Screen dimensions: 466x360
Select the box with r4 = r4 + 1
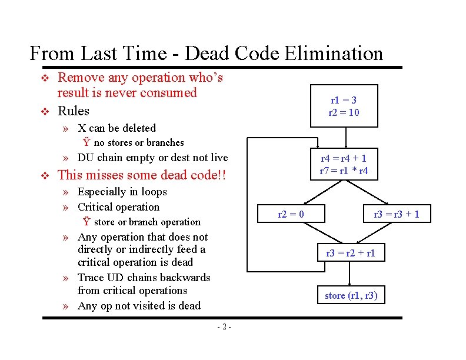tap(344, 164)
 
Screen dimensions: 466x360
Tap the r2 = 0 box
tap(291, 214)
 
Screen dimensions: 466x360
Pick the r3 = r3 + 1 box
tap(397, 214)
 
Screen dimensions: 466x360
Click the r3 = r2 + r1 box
tap(350, 254)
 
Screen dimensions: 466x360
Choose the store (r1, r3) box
tap(351, 295)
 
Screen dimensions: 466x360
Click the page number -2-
tap(224, 327)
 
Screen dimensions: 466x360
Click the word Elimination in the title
tap(333, 54)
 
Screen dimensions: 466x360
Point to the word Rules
tap(74, 111)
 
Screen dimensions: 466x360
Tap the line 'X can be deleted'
tap(116, 128)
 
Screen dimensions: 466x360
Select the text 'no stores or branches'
tap(138, 142)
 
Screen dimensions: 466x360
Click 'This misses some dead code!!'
tap(141, 175)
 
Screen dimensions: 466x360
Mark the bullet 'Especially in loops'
tap(122, 191)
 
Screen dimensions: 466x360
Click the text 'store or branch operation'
tap(147, 222)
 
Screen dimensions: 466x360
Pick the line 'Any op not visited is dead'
tap(139, 305)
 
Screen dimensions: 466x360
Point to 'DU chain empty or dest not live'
tap(152, 157)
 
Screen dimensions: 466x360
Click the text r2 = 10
tap(344, 112)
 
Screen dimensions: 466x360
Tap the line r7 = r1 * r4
tap(344, 171)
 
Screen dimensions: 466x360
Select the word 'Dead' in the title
tap(208, 54)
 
